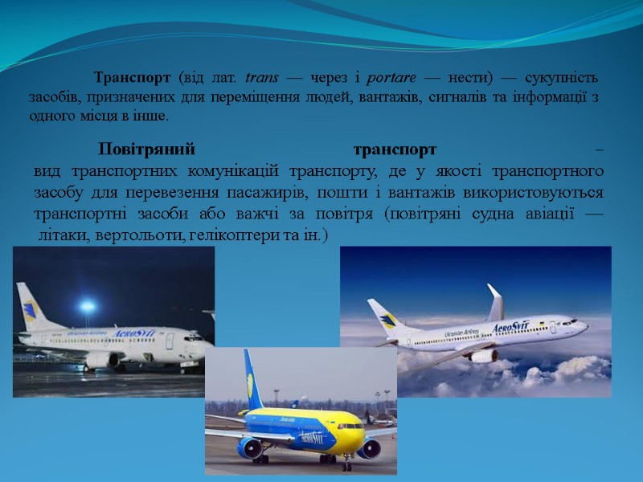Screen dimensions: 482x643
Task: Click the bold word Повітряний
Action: coord(148,149)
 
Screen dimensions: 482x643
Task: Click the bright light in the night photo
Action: coord(87,305)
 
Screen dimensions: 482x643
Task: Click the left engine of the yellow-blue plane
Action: coord(250,447)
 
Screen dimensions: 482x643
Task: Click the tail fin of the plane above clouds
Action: coord(384,314)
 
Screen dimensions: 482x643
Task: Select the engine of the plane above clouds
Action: coord(483,355)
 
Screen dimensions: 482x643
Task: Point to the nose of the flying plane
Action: coord(585,325)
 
